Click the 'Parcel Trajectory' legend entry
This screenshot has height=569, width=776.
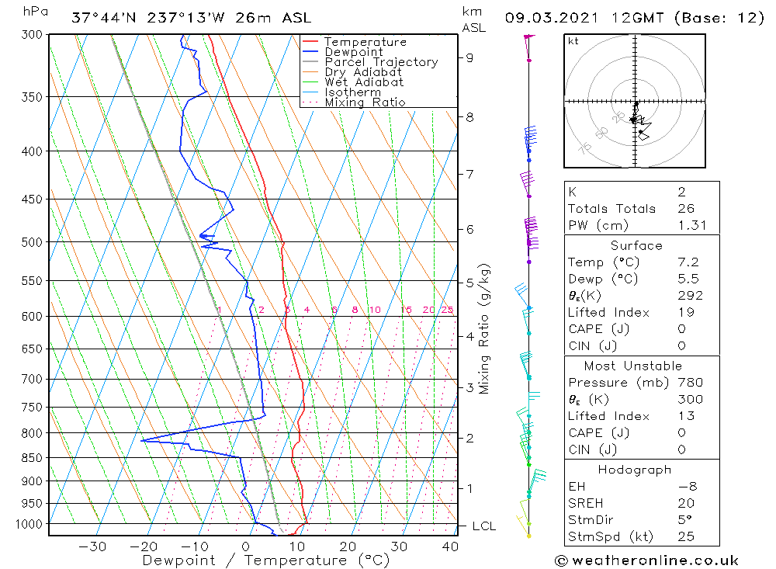pos(381,62)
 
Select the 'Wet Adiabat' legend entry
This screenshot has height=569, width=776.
pos(364,82)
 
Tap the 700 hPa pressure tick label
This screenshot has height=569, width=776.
pos(31,379)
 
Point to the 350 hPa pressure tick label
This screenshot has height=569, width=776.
pos(31,97)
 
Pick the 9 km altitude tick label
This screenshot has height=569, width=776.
pos(470,57)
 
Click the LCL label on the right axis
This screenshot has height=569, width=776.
pos(483,526)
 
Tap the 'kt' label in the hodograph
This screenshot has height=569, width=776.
pos(573,41)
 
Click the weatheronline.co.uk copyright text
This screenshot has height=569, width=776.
pos(646,560)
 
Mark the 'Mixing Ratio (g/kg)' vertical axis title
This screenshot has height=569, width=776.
pos(484,329)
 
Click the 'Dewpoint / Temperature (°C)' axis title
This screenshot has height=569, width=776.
pos(265,560)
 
